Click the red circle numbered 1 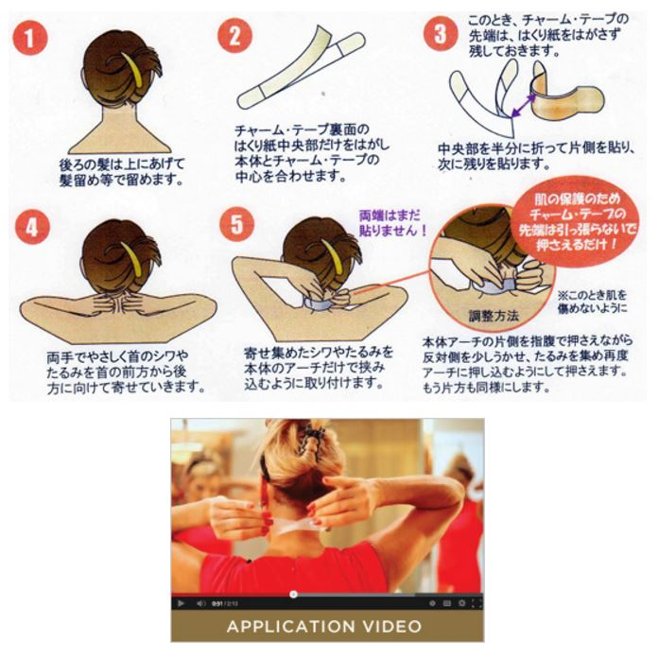coord(30,38)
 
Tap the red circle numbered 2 coord(234,36)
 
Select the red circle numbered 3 coord(440,34)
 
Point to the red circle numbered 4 coord(32,227)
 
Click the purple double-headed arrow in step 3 coord(524,105)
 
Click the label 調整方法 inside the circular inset coord(494,316)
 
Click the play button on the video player coord(181,603)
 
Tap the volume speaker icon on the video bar coord(200,603)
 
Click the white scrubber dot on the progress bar coord(294,594)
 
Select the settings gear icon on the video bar coord(461,603)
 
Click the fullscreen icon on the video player coord(477,603)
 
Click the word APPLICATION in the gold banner coord(291,627)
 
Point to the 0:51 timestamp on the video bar coord(217,604)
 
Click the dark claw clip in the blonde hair coord(311,441)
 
